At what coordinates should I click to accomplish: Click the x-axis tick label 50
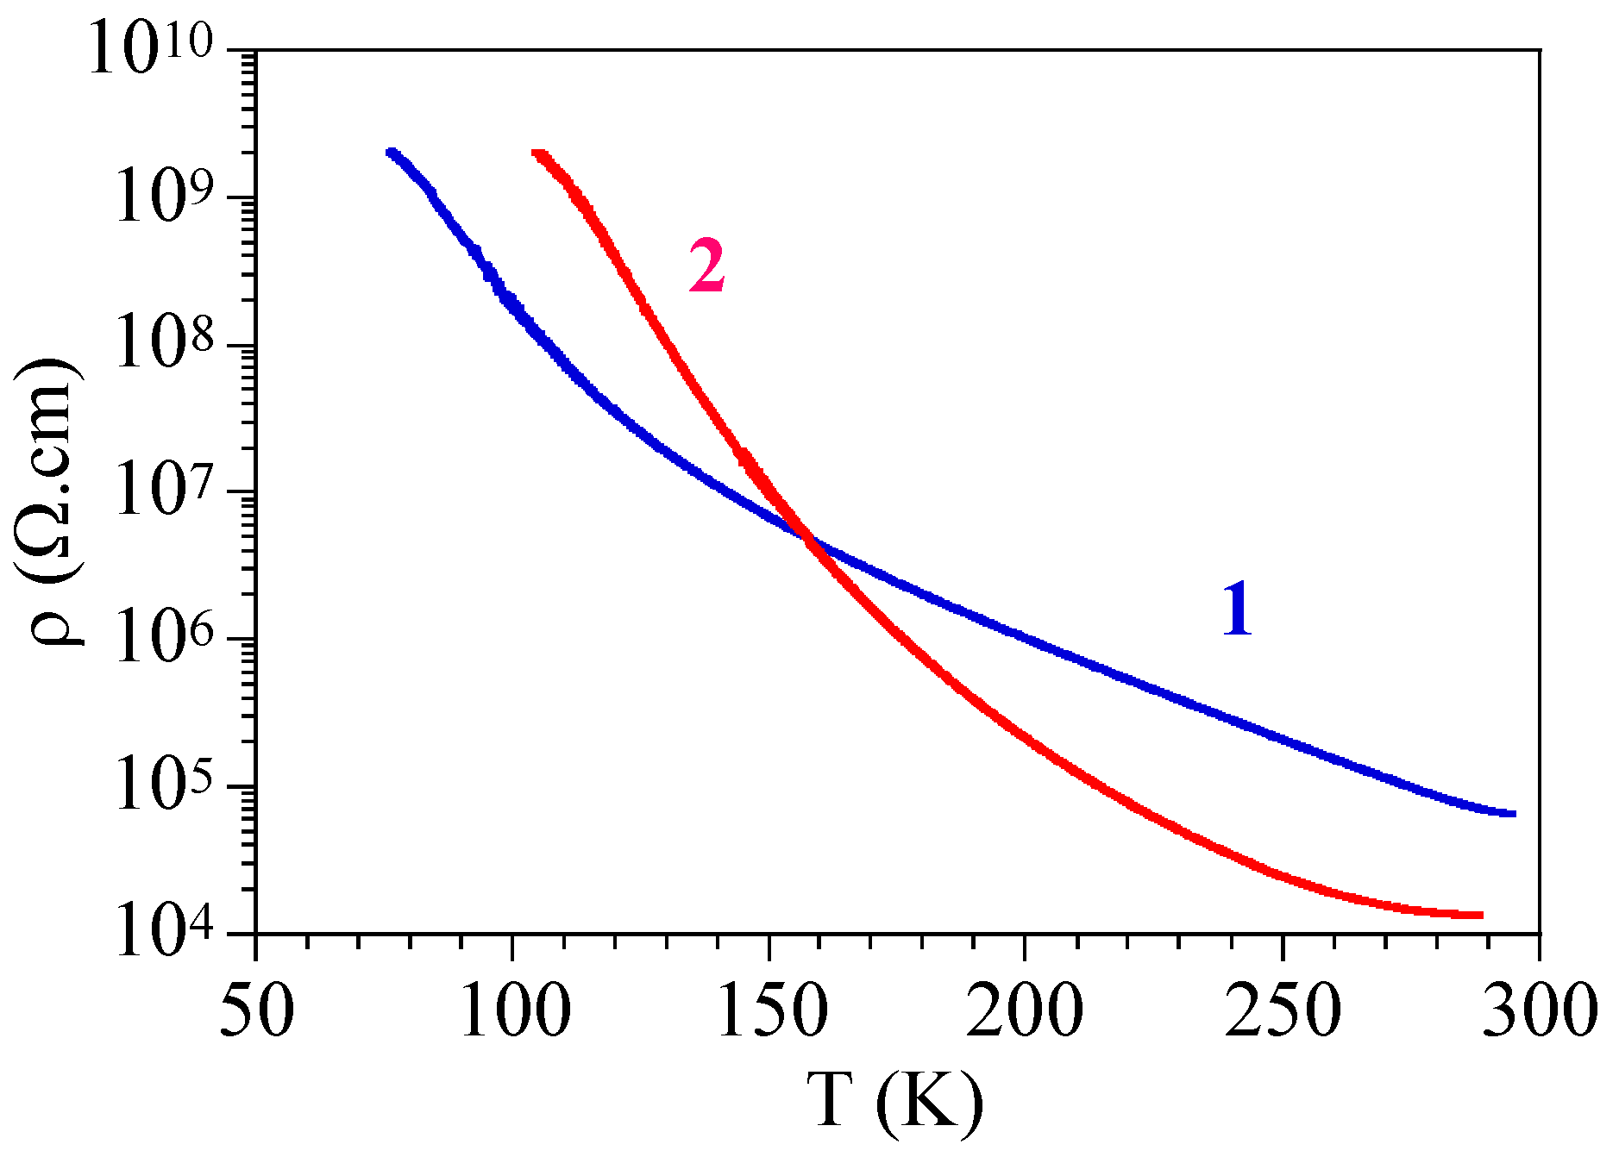point(256,1010)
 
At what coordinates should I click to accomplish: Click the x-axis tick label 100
point(514,1010)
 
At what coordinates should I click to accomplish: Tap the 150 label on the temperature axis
point(770,1010)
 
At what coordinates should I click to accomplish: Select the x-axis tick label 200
point(1024,1010)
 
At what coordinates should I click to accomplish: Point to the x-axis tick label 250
point(1283,1010)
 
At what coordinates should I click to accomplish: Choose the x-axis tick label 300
point(1539,1010)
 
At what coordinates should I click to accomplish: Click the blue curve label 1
point(1237,610)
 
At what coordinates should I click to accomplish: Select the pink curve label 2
point(706,266)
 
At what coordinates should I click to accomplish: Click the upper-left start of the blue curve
point(392,153)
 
